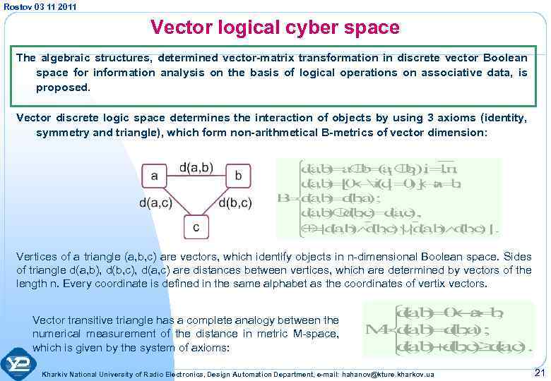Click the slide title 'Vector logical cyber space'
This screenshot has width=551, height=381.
point(275,28)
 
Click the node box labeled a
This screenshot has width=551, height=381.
point(155,174)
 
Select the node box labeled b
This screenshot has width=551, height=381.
point(239,174)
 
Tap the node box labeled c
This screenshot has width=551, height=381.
point(196,227)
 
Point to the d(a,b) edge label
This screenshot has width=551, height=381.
point(196,167)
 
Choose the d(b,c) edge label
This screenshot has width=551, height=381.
point(236,204)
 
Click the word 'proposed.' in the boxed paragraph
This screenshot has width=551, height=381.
point(63,87)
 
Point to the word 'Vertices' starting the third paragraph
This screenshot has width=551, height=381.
point(36,258)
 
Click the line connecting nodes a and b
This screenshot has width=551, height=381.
point(196,174)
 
